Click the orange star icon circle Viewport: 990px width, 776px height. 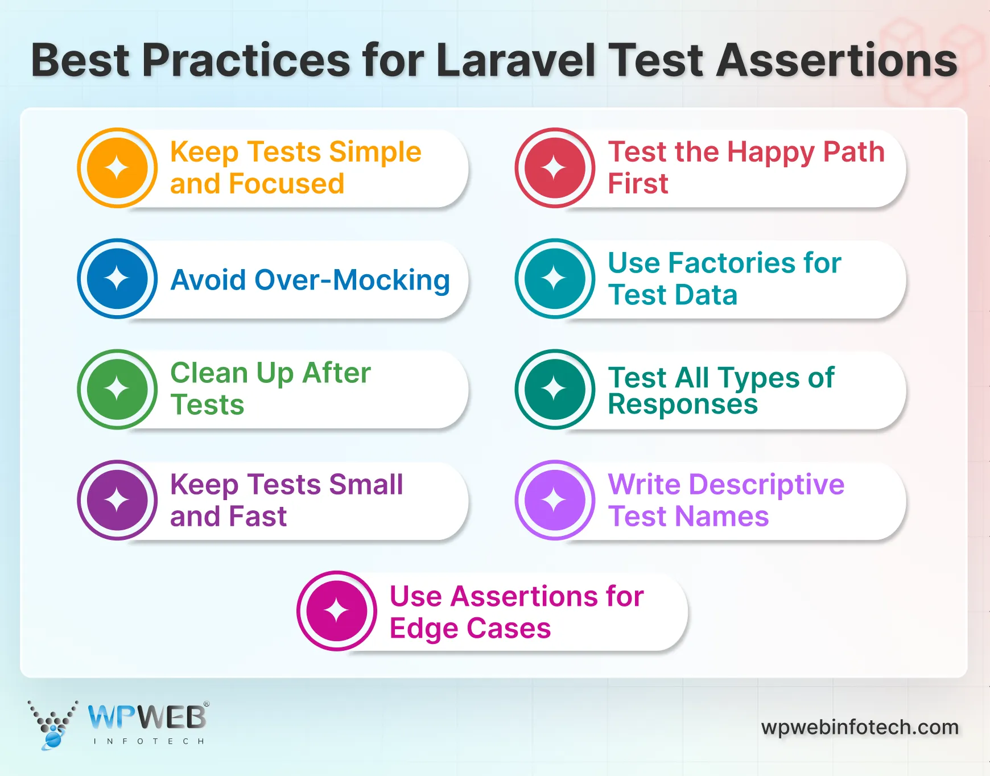pyautogui.click(x=117, y=168)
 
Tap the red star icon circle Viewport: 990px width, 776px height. pyautogui.click(x=555, y=168)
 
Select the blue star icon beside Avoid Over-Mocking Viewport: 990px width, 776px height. pyautogui.click(x=117, y=279)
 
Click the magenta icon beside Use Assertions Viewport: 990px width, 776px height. pyautogui.click(x=336, y=611)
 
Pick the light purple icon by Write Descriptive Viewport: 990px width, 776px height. pyautogui.click(x=555, y=500)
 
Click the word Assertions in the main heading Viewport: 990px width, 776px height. pyautogui.click(x=836, y=60)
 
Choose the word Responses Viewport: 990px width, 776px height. pyautogui.click(x=683, y=404)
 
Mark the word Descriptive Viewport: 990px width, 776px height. pyautogui.click(x=766, y=485)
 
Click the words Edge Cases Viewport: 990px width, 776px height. pyautogui.click(x=470, y=628)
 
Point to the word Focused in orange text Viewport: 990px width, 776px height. pyautogui.click(x=287, y=184)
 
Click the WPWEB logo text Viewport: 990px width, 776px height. pyautogui.click(x=147, y=718)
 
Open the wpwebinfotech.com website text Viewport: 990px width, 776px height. pyautogui.click(x=859, y=727)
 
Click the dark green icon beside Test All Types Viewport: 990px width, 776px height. pyautogui.click(x=555, y=389)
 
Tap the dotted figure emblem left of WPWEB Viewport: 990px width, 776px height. pyautogui.click(x=52, y=724)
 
